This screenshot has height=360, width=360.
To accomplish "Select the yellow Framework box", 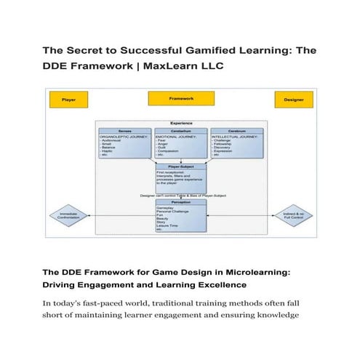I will coord(181,97).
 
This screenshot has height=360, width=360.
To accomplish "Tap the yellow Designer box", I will coord(294,99).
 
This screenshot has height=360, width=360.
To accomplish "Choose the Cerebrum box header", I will coord(236,130).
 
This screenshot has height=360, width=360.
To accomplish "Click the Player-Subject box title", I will coord(180,166).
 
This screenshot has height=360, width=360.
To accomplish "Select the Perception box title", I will coord(180,201).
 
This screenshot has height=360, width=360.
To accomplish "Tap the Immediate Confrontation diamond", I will coord(68,215).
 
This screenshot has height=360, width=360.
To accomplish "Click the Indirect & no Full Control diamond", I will coord(293,215).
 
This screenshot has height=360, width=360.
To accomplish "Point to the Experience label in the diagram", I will coord(180,123).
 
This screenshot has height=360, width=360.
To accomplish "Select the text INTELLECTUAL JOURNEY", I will coord(236,135).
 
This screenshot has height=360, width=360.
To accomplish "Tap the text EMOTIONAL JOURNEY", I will coord(177,135).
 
